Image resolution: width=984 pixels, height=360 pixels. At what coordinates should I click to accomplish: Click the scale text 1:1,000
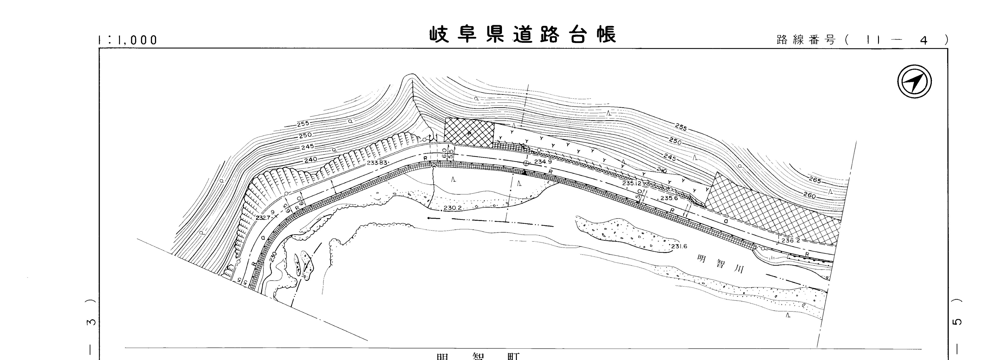point(128,40)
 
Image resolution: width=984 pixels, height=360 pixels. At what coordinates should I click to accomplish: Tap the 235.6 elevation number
point(669,198)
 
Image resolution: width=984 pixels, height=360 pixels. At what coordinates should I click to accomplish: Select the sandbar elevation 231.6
point(679,246)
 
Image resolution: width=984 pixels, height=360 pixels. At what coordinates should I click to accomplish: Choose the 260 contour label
point(809,196)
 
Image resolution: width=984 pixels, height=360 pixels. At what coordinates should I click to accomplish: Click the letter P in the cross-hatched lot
point(469,133)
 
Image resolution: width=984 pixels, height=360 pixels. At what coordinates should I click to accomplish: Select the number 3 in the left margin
point(91,322)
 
